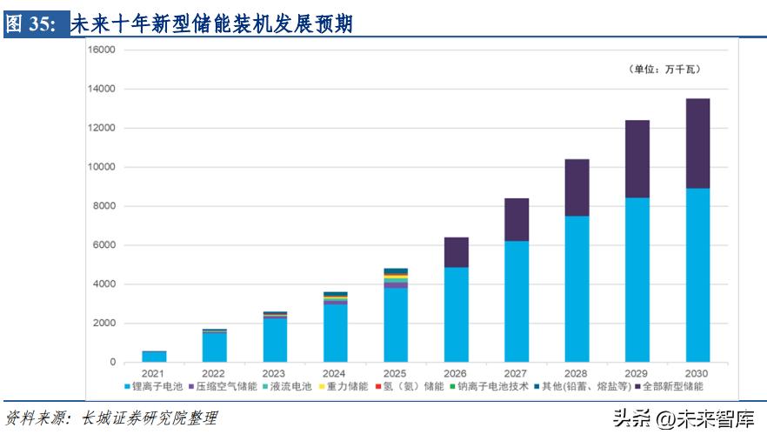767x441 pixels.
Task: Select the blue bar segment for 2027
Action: point(517,301)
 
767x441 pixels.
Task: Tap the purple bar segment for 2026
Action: point(457,252)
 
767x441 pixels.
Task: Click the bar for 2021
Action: point(154,357)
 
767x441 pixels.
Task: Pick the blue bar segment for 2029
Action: point(637,279)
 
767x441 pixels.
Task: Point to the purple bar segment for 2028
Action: point(577,187)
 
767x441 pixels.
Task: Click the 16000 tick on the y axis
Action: point(101,50)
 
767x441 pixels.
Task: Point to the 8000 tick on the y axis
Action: point(103,206)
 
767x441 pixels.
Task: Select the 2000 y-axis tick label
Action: point(103,324)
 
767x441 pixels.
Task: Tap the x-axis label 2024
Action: point(336,373)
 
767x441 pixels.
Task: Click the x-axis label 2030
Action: point(697,373)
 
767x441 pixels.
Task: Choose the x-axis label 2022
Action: point(215,373)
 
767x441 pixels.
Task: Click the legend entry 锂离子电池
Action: point(157,386)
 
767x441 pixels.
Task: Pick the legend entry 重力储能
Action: point(348,386)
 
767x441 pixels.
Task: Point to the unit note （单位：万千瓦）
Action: point(665,69)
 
